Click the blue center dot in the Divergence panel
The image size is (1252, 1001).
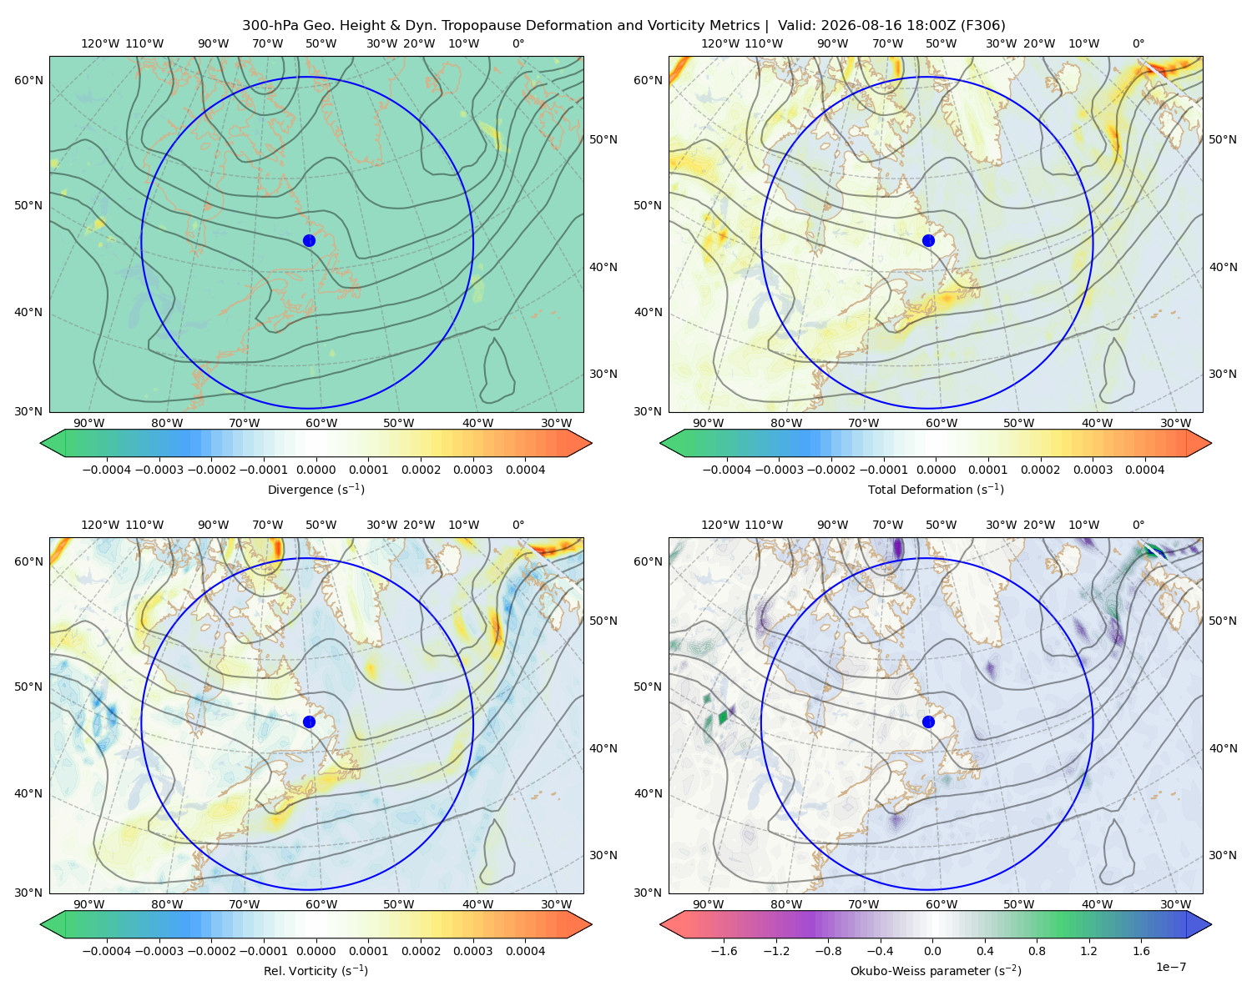pyautogui.click(x=309, y=240)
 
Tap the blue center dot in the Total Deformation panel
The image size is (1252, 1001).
pyautogui.click(x=928, y=240)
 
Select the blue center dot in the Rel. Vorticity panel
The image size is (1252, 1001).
pyautogui.click(x=309, y=722)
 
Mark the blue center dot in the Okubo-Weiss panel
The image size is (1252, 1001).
pyautogui.click(x=928, y=722)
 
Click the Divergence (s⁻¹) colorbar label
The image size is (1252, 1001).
pyautogui.click(x=316, y=489)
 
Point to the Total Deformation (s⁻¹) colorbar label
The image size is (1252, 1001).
pyautogui.click(x=936, y=489)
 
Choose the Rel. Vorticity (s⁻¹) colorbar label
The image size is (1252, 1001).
pyautogui.click(x=316, y=970)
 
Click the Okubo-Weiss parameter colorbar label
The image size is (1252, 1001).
pyautogui.click(x=936, y=970)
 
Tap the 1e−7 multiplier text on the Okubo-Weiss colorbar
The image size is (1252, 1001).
pyautogui.click(x=1170, y=967)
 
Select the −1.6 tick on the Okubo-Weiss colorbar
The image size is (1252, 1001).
pyautogui.click(x=724, y=950)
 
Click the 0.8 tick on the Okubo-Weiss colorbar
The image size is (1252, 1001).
pyautogui.click(x=1037, y=950)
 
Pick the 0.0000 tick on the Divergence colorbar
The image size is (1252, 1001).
pyautogui.click(x=316, y=470)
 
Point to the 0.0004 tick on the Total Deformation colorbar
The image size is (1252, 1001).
pyautogui.click(x=1144, y=470)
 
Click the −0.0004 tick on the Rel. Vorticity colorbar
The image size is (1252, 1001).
pyautogui.click(x=107, y=950)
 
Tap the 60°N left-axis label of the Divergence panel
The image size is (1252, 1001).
pyautogui.click(x=28, y=80)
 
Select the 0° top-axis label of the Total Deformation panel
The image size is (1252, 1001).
pyautogui.click(x=1138, y=43)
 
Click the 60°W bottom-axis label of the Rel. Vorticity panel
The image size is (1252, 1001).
pyautogui.click(x=321, y=904)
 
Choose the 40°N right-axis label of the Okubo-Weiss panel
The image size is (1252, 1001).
pyautogui.click(x=1223, y=748)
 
